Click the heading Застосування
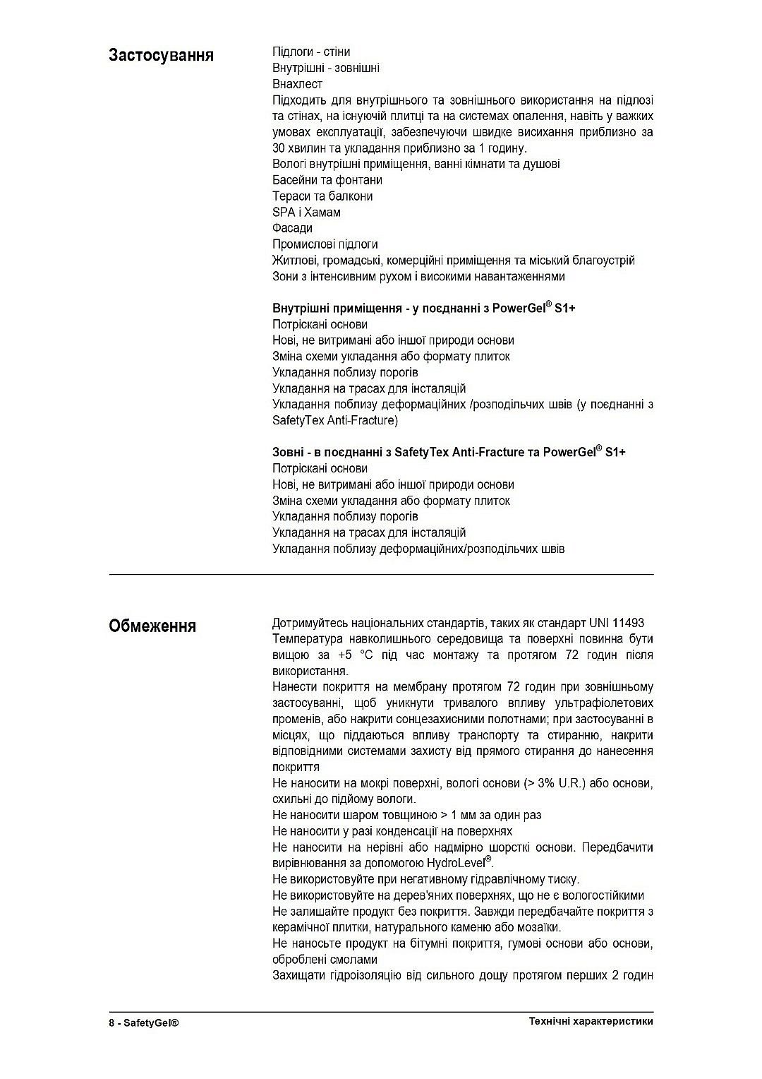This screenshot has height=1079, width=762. point(161,56)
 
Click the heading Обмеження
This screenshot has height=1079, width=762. point(152,626)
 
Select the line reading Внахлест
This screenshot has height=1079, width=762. point(297,84)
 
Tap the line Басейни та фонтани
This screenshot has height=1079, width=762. point(327,180)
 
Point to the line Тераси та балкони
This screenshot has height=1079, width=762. point(322,196)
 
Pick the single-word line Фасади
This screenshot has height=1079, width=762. point(292,228)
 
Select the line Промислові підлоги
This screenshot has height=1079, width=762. point(325,244)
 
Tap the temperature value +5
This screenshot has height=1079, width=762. point(344,655)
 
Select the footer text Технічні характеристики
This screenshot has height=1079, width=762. point(591,1021)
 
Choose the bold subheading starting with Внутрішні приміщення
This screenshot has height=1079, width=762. point(423,309)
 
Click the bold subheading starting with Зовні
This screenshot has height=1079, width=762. point(449,452)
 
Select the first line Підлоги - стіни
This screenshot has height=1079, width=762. point(311,52)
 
